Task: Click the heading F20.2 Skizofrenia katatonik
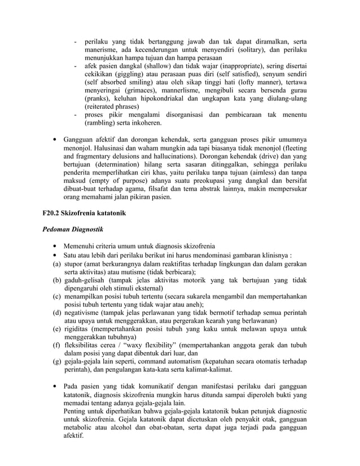point(84,214)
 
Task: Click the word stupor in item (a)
point(76,263)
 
